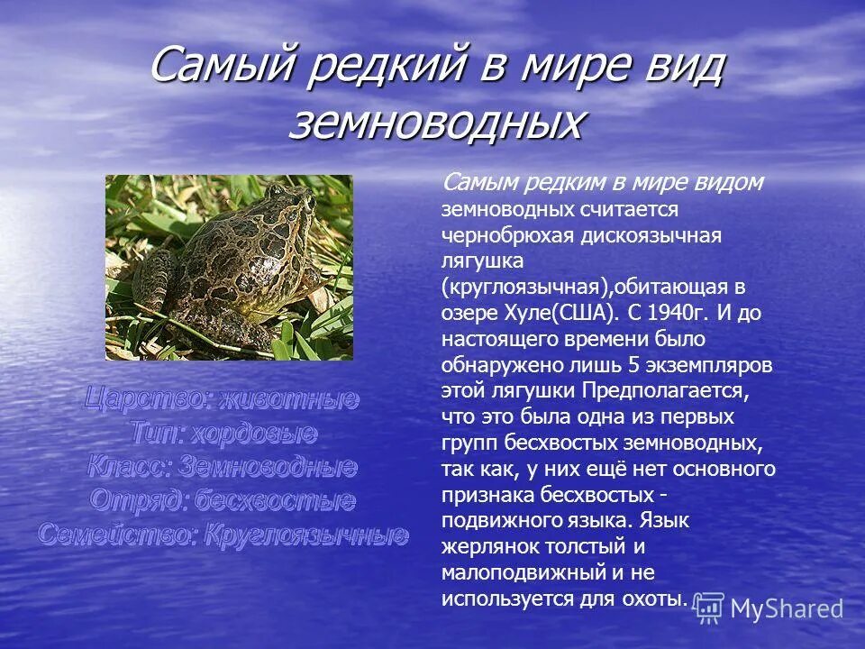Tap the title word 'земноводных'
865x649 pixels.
pos(435,123)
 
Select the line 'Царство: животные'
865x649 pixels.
pos(223,399)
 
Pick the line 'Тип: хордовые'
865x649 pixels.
pos(223,434)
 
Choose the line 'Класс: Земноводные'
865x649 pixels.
pos(223,467)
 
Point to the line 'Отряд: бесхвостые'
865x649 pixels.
pos(223,500)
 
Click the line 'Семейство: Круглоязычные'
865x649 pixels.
pos(223,535)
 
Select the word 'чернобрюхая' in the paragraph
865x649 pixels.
pos(495,235)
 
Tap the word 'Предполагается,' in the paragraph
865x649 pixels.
pos(666,392)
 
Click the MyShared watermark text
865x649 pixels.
pos(787,609)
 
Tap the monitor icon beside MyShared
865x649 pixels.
pos(709,608)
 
